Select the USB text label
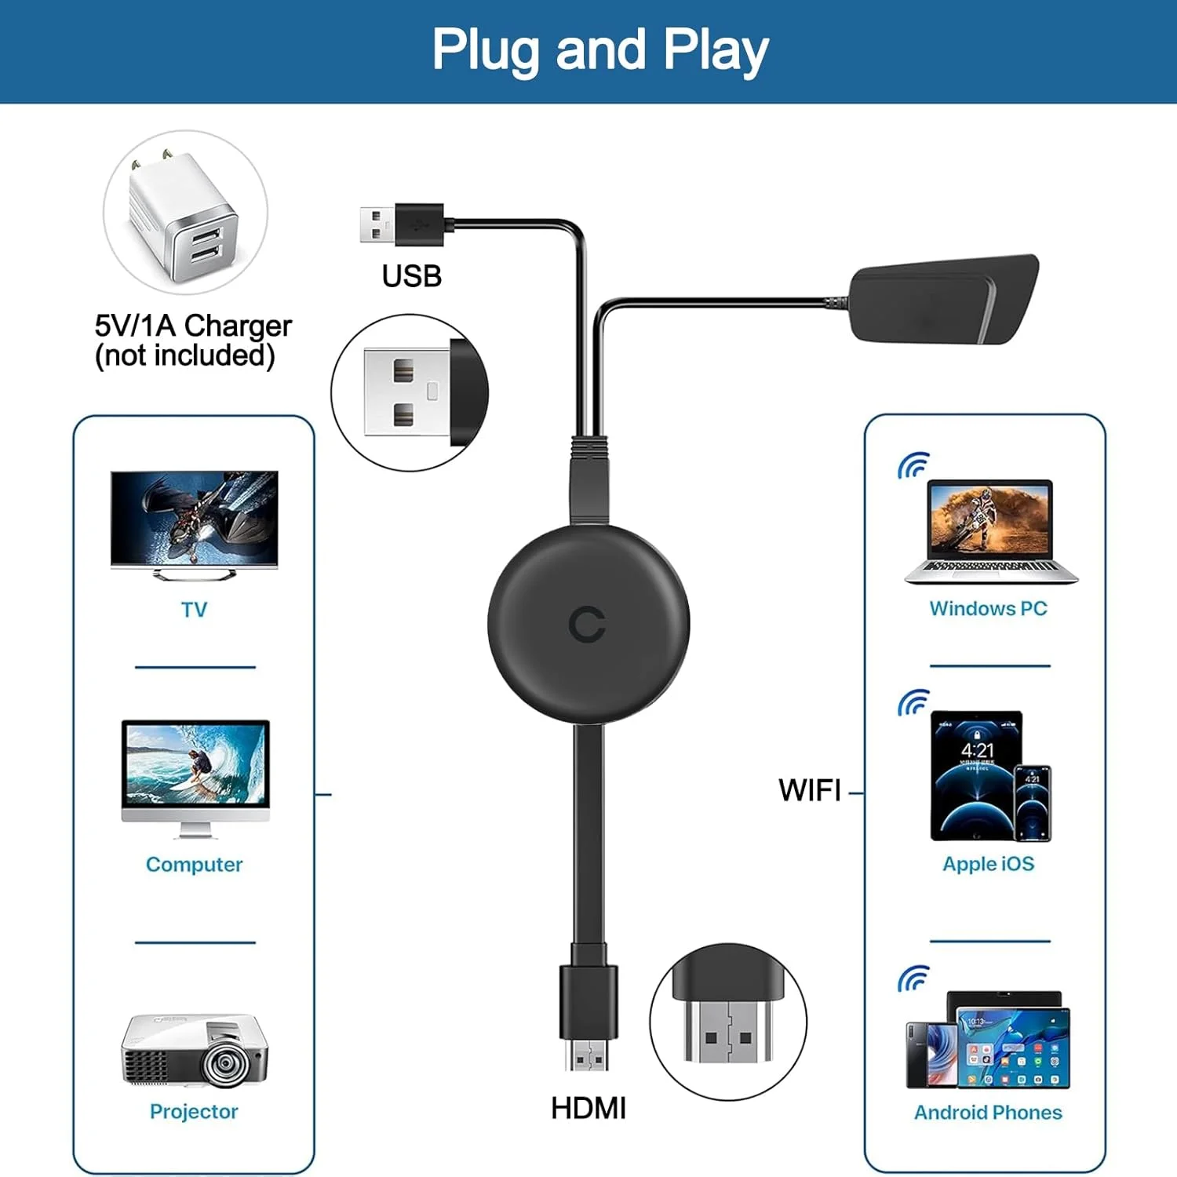pyautogui.click(x=411, y=276)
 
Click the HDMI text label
pyautogui.click(x=588, y=1108)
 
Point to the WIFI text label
pyautogui.click(x=809, y=790)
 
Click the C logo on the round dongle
pyautogui.click(x=587, y=625)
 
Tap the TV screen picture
pyautogui.click(x=195, y=518)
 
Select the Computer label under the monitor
pyautogui.click(x=194, y=864)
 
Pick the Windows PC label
pyautogui.click(x=988, y=608)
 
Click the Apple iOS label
pyautogui.click(x=988, y=863)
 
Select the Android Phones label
pyautogui.click(x=988, y=1112)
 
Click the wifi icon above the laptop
pyautogui.click(x=913, y=465)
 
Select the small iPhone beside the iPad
pyautogui.click(x=1033, y=803)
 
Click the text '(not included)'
pyautogui.click(x=185, y=355)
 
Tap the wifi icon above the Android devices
pyautogui.click(x=913, y=978)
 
